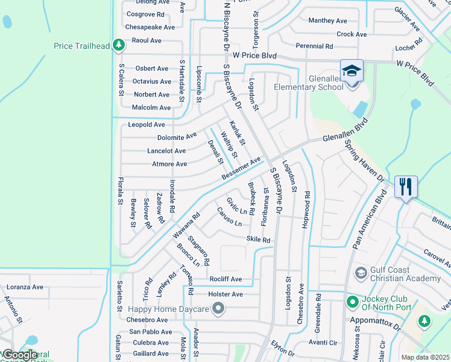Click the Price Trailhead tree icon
pyautogui.click(x=119, y=45)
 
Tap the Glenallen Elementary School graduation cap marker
pyautogui.click(x=352, y=71)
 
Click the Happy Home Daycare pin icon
pyautogui.click(x=218, y=310)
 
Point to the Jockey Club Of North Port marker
pyautogui.click(x=352, y=300)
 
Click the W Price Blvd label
pyautogui.click(x=254, y=56)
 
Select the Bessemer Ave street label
pyautogui.click(x=241, y=168)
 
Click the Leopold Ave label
pyautogui.click(x=147, y=125)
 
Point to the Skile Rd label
pyautogui.click(x=257, y=240)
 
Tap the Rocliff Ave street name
pyautogui.click(x=225, y=279)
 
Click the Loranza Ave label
pyautogui.click(x=25, y=288)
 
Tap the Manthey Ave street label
pyautogui.click(x=328, y=21)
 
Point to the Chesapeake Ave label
pyautogui.click(x=150, y=27)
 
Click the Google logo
pyautogui.click(x=20, y=355)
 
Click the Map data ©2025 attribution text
pyautogui.click(x=424, y=357)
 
